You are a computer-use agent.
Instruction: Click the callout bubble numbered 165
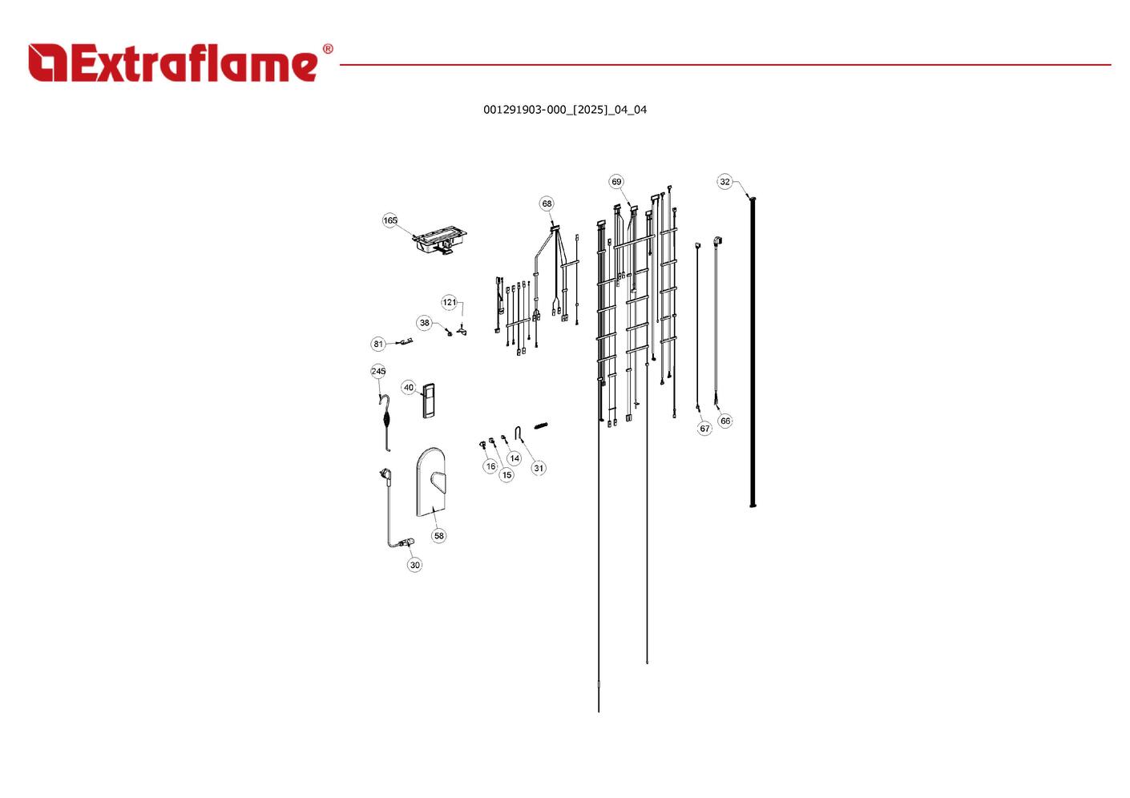tap(390, 220)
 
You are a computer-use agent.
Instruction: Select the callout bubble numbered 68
tap(547, 204)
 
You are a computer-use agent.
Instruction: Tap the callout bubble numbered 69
tap(616, 182)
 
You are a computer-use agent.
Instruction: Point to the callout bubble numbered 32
tap(724, 182)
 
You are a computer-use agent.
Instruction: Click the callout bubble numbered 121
tap(449, 302)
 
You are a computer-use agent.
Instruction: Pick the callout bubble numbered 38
tap(424, 323)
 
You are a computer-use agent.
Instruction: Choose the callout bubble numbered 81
tap(378, 344)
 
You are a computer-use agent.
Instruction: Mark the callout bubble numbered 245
tap(378, 371)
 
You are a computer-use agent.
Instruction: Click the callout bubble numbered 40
tap(409, 388)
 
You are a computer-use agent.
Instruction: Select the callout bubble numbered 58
tap(439, 536)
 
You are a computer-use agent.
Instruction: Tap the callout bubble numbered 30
tap(414, 565)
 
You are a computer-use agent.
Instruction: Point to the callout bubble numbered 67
tap(704, 429)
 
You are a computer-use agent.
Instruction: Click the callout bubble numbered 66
tap(725, 421)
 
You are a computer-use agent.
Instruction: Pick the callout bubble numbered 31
tap(539, 468)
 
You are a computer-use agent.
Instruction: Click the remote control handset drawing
tap(429, 401)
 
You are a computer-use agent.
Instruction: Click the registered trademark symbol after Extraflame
tap(328, 49)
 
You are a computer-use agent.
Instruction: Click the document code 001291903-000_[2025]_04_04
tap(565, 110)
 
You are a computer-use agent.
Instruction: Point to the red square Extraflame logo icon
tap(48, 62)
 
